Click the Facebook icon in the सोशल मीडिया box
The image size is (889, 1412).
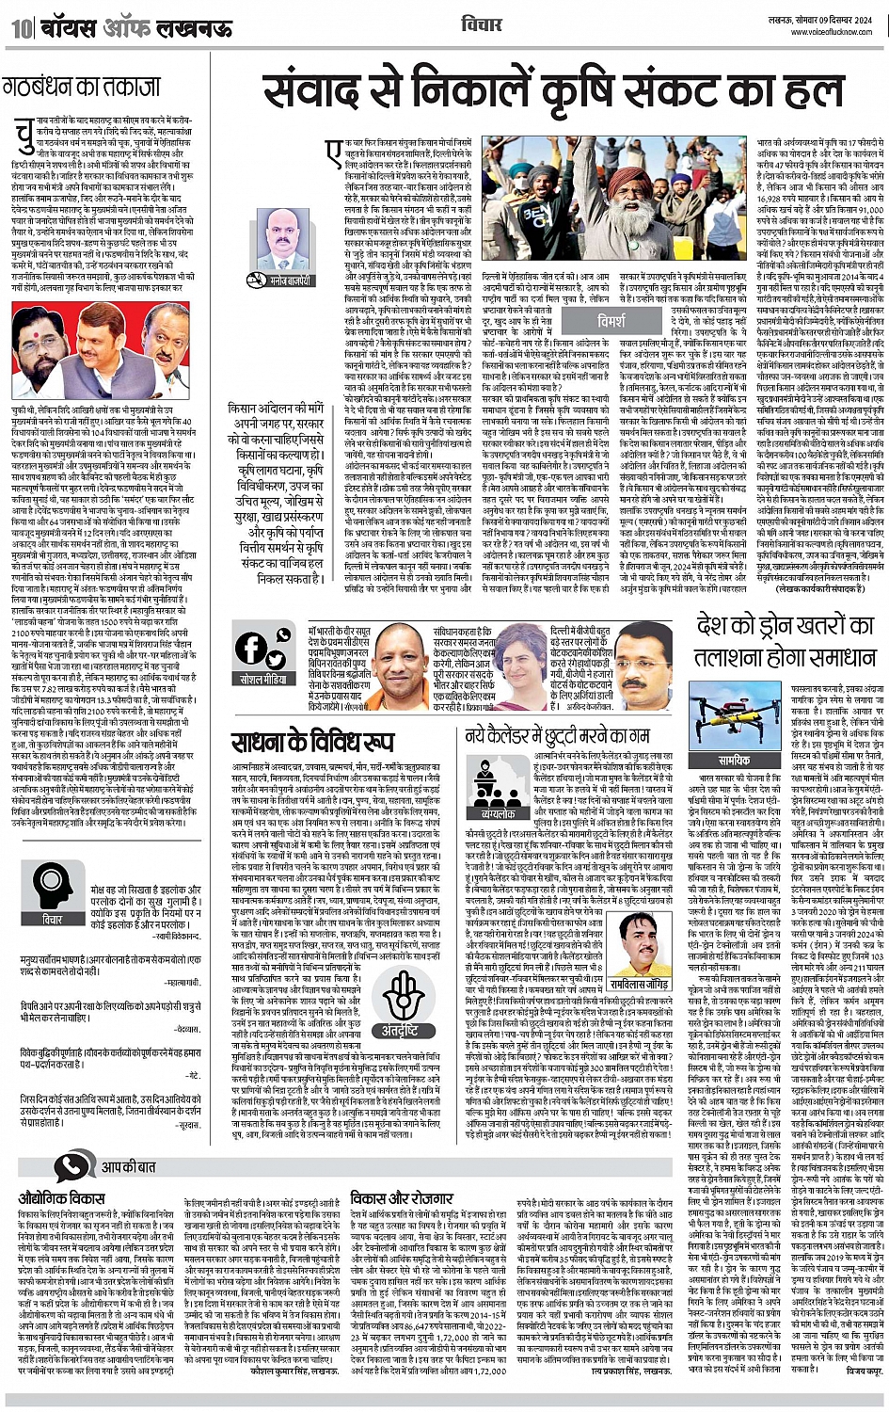click(x=253, y=649)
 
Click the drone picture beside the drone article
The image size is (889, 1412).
click(x=734, y=716)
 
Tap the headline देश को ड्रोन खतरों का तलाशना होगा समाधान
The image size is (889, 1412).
click(x=786, y=640)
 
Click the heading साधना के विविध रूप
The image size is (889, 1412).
click(x=312, y=742)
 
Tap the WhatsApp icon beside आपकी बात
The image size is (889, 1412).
click(x=71, y=1167)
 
